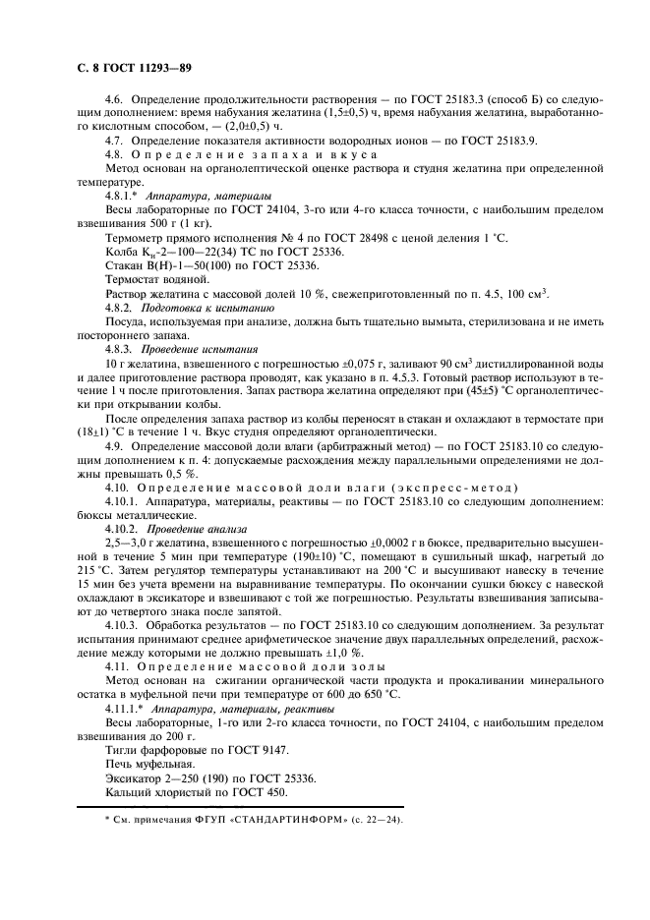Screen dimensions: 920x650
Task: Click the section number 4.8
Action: (115, 155)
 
